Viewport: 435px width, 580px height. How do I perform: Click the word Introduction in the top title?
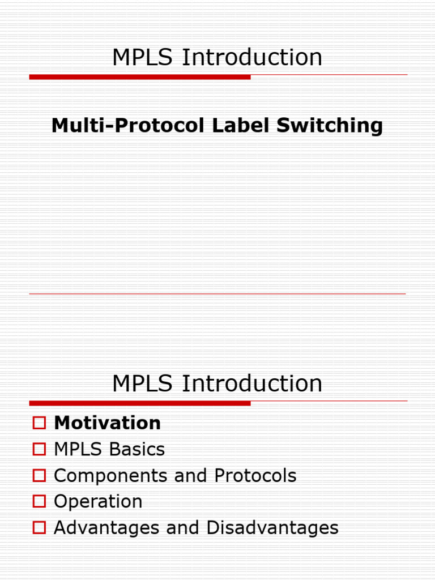pyautogui.click(x=252, y=58)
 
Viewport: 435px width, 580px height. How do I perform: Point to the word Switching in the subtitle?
pyautogui.click(x=330, y=126)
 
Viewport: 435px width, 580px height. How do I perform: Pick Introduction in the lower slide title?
pyautogui.click(x=252, y=384)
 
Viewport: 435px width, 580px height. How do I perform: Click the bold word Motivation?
pyautogui.click(x=107, y=423)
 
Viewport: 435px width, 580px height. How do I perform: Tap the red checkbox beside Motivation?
pyautogui.click(x=39, y=423)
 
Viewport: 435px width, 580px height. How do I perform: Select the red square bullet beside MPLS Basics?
pyautogui.click(x=39, y=449)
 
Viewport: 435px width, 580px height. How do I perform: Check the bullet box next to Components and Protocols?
pyautogui.click(x=39, y=475)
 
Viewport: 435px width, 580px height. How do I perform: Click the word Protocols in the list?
pyautogui.click(x=255, y=476)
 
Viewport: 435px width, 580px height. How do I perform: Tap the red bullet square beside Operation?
pyautogui.click(x=39, y=501)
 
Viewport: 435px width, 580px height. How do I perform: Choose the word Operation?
pyautogui.click(x=98, y=502)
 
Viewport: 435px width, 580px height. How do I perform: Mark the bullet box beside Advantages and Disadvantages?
pyautogui.click(x=39, y=527)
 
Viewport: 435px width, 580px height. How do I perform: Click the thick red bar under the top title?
pyautogui.click(x=140, y=77)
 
